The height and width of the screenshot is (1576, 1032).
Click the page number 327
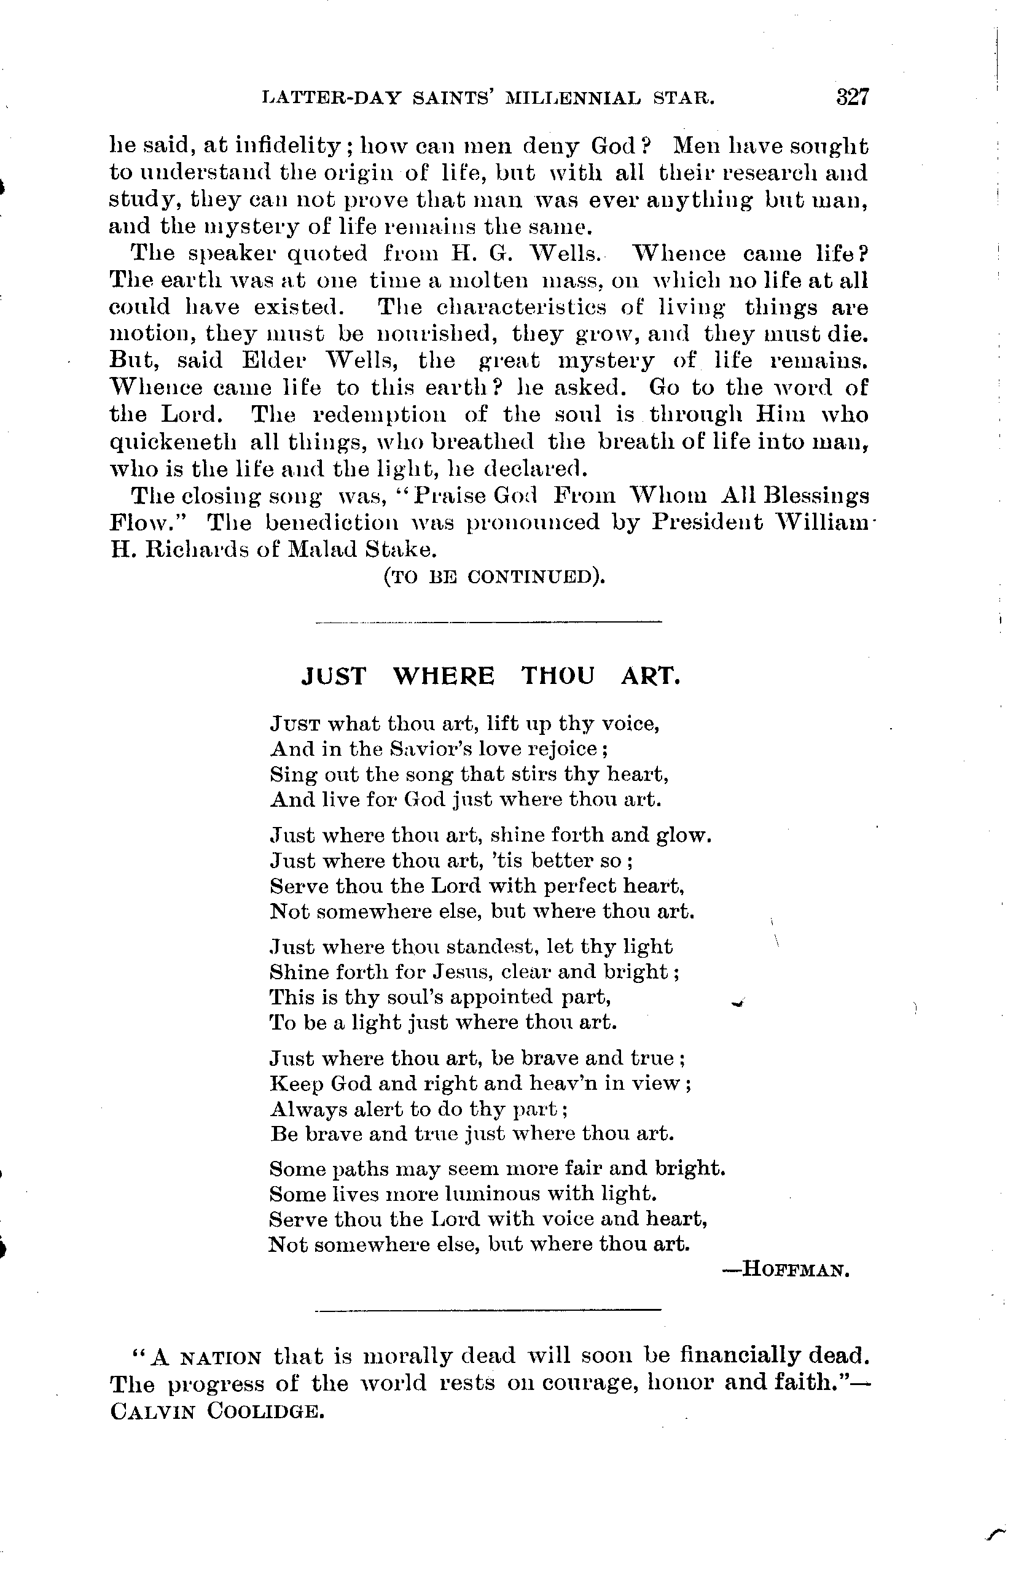click(851, 98)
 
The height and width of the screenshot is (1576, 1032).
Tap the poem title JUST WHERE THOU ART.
click(491, 676)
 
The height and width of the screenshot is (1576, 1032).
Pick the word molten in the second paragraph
click(487, 281)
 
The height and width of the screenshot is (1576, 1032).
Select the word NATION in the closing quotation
click(221, 1358)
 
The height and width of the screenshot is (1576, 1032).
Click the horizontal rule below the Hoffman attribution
click(489, 1309)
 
